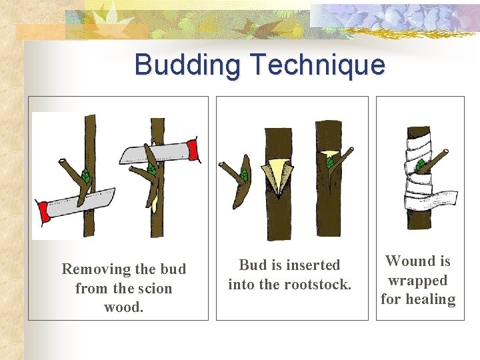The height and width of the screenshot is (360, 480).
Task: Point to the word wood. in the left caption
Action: click(123, 307)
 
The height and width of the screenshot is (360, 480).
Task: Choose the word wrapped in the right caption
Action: click(418, 280)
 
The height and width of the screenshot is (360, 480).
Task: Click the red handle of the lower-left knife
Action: click(45, 212)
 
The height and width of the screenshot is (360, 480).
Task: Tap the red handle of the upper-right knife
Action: click(194, 150)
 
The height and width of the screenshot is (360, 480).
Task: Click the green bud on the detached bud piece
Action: click(244, 175)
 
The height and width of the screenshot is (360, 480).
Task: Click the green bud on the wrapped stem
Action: click(420, 165)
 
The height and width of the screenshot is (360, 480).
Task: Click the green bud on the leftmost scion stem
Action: click(85, 177)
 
